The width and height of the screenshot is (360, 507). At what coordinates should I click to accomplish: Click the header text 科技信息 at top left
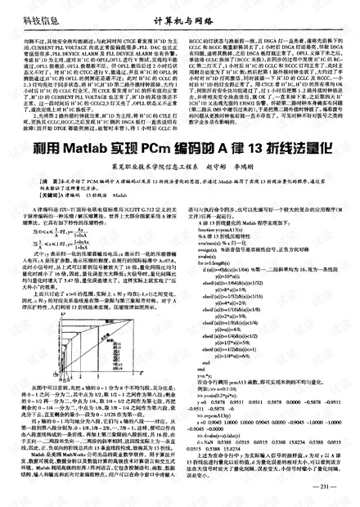(25, 11)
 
